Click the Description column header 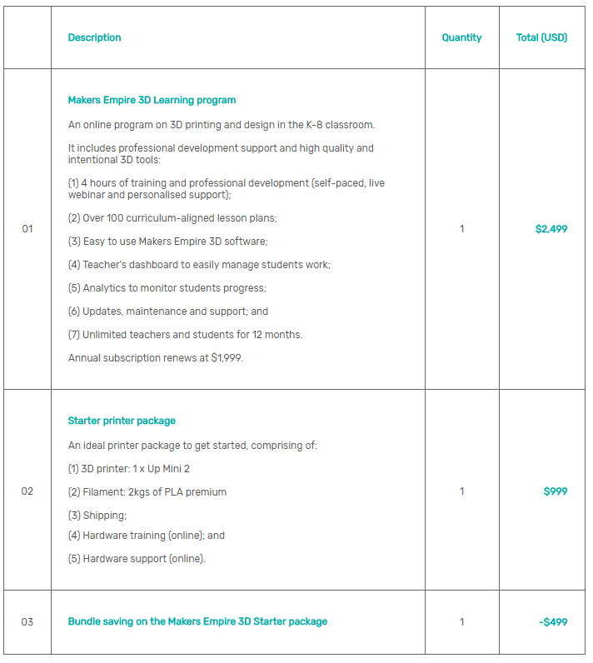click(94, 37)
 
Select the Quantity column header click(461, 37)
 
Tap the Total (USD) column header click(541, 37)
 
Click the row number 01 click(27, 229)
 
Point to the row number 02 click(27, 491)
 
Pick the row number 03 click(27, 622)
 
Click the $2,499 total click(551, 229)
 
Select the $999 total click(556, 491)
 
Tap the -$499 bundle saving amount click(553, 622)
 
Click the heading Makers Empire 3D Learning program click(152, 100)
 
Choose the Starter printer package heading click(122, 421)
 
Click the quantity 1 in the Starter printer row click(462, 491)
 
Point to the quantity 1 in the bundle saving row click(462, 622)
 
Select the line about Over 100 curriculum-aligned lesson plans click(172, 218)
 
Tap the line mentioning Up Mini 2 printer click(129, 469)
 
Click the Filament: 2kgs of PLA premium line click(147, 492)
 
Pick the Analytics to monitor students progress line click(167, 288)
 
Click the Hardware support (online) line click(137, 559)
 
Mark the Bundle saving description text click(197, 622)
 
